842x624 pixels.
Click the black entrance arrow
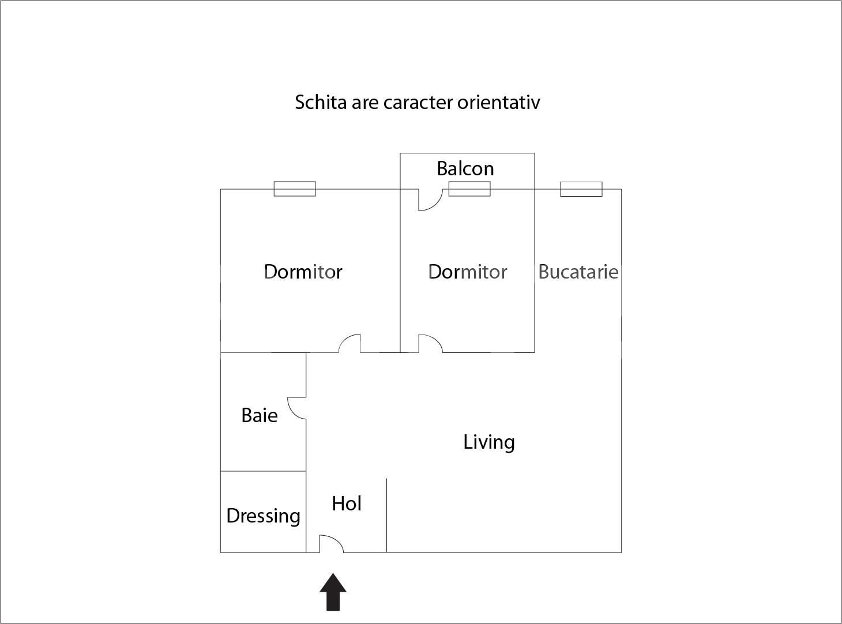[x=333, y=592]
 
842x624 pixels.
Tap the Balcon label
[x=465, y=168]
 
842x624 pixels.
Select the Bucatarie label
[x=578, y=272]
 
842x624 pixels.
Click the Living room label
[x=489, y=442]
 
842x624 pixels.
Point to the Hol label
[x=347, y=503]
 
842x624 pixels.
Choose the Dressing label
[x=263, y=516]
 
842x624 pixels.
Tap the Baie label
[x=260, y=415]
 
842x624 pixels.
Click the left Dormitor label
[x=303, y=272]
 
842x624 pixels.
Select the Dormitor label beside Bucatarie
[x=467, y=272]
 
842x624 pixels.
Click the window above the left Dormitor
[x=295, y=189]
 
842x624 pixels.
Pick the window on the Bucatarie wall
[x=581, y=189]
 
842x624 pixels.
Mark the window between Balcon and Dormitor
[x=469, y=189]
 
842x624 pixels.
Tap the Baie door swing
[x=296, y=408]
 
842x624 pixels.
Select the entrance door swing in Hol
[x=331, y=544]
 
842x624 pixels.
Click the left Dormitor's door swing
[x=349, y=343]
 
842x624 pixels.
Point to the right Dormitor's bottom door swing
[x=430, y=343]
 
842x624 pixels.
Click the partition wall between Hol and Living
[x=386, y=515]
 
